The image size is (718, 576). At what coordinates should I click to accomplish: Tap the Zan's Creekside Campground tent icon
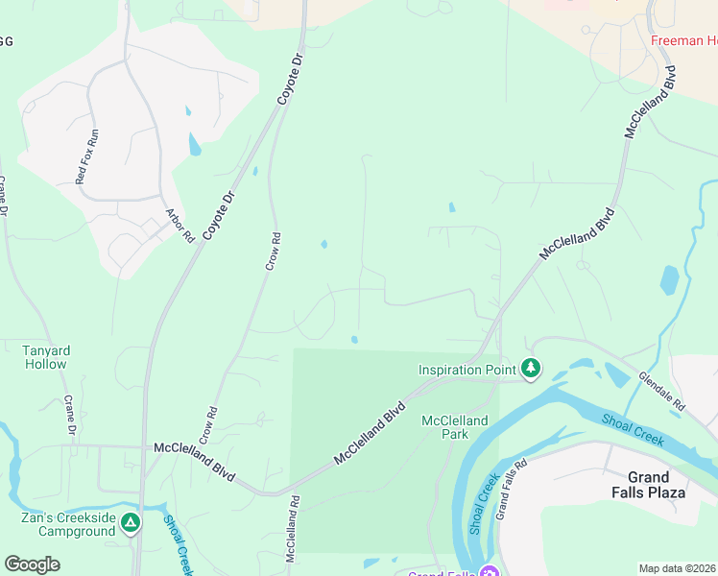point(131,523)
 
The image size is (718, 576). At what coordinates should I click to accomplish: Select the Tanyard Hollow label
point(45,357)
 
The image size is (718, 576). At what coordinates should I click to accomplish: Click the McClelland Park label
point(455,427)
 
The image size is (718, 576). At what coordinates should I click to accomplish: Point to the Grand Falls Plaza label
point(656,485)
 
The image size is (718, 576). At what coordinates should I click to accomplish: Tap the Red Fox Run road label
point(87,156)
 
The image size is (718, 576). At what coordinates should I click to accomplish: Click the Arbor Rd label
point(179,226)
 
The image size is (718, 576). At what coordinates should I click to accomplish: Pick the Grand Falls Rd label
point(512,490)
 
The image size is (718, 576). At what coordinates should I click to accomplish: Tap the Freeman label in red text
point(683,41)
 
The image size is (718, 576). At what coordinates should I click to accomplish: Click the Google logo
point(32,564)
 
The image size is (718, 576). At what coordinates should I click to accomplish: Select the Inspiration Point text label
point(467,369)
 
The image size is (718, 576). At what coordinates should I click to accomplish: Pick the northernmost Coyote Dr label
point(290,76)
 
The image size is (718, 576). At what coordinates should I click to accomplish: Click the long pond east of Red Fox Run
point(195,145)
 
